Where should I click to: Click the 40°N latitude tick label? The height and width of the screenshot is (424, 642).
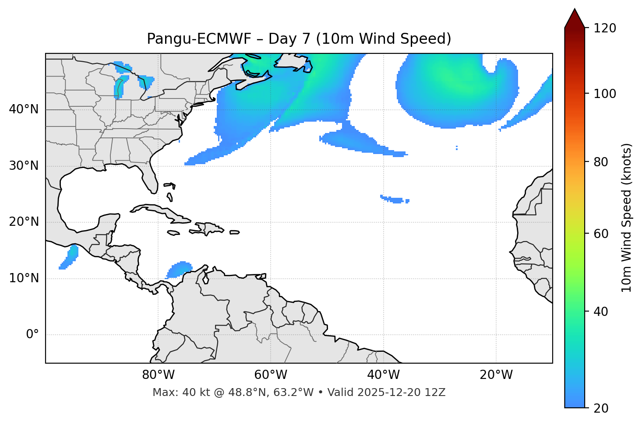point(24,109)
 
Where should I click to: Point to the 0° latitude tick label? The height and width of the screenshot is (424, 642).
point(32,335)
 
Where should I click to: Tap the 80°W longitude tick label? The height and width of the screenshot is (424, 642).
point(158,375)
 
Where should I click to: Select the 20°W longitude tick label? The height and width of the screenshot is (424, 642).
point(496,375)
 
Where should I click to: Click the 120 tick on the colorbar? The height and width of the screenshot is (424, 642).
point(605,28)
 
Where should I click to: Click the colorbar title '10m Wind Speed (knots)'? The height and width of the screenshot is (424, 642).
point(627,218)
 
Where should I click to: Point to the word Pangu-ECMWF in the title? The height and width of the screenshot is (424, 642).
point(199,39)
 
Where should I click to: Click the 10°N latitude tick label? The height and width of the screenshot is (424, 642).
point(24,278)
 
